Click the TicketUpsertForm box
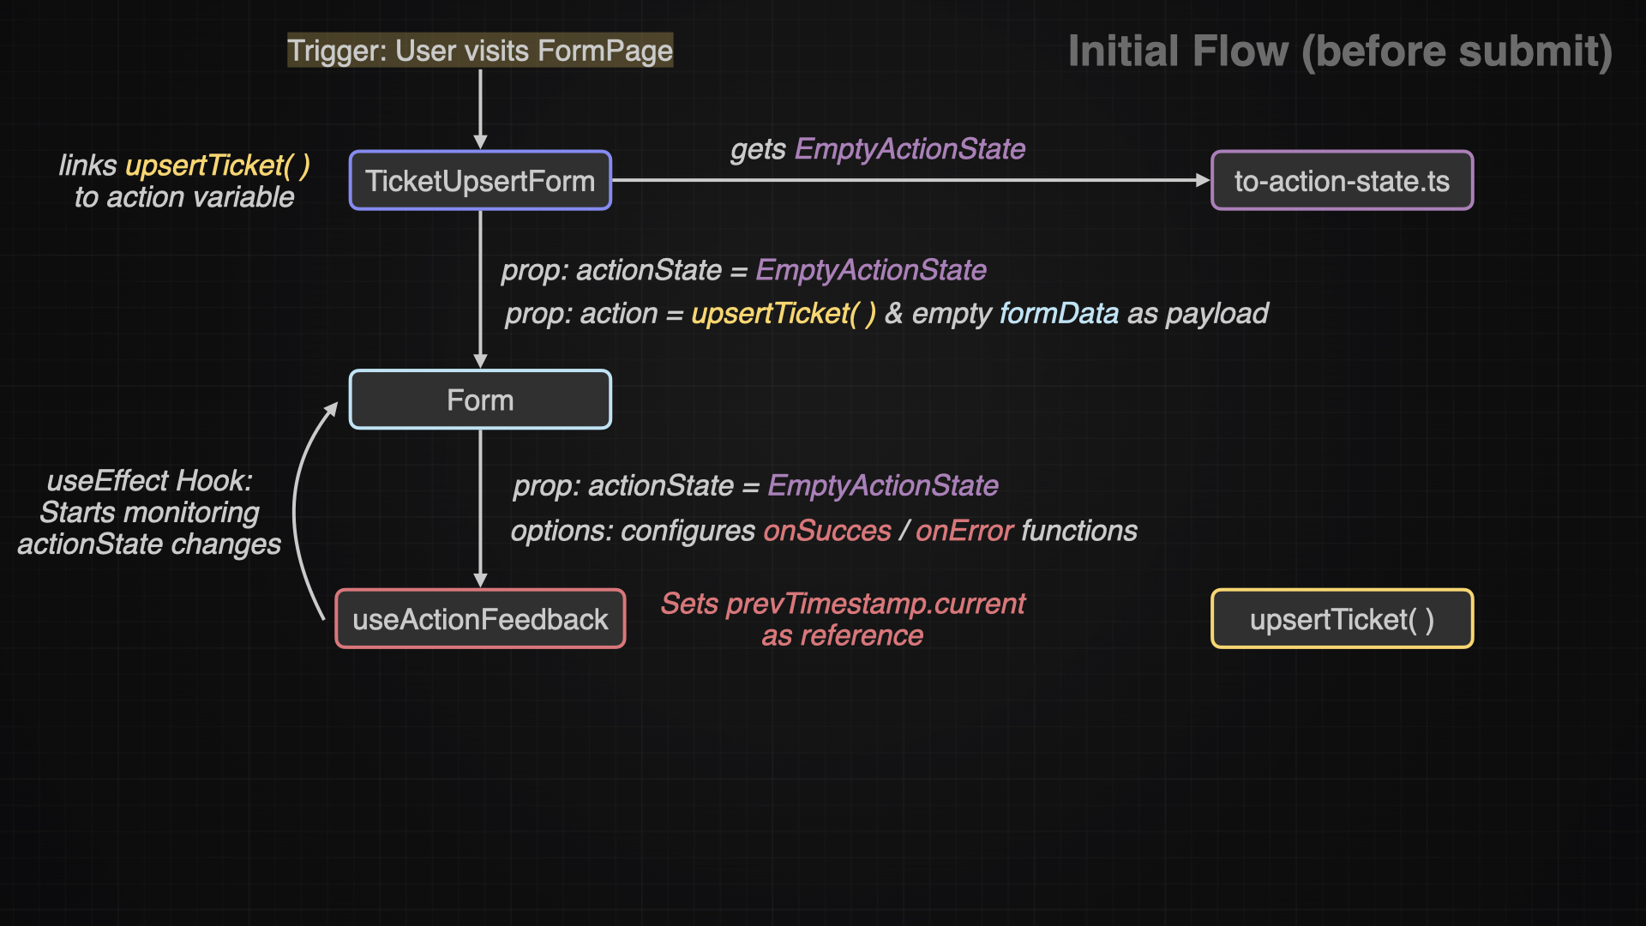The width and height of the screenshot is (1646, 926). click(480, 181)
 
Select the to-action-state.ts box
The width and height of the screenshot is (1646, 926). click(1342, 181)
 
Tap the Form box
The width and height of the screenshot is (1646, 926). click(480, 400)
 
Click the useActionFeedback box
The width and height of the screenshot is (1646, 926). click(480, 619)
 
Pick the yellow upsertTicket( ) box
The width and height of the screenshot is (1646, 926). click(1342, 619)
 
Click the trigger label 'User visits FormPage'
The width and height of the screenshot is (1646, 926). click(480, 51)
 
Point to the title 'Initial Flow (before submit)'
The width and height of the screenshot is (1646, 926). click(1340, 51)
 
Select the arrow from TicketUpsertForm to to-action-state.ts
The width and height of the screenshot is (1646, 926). click(909, 180)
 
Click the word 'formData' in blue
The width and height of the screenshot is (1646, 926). click(1059, 314)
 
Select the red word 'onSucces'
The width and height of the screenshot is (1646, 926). click(827, 532)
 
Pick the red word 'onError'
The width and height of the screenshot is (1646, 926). click(964, 532)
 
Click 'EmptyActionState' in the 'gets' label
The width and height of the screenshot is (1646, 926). click(910, 149)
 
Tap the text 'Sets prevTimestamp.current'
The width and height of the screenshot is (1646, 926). click(843, 604)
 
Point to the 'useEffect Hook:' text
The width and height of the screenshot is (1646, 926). click(150, 481)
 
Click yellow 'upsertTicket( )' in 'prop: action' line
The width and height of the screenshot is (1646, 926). click(784, 314)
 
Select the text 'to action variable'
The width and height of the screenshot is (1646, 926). click(184, 197)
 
